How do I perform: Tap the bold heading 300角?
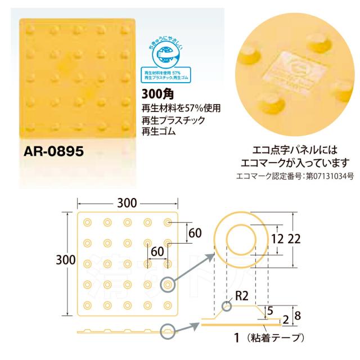154,95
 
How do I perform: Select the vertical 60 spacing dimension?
195,232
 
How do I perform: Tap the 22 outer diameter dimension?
292,238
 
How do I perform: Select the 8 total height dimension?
298,315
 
